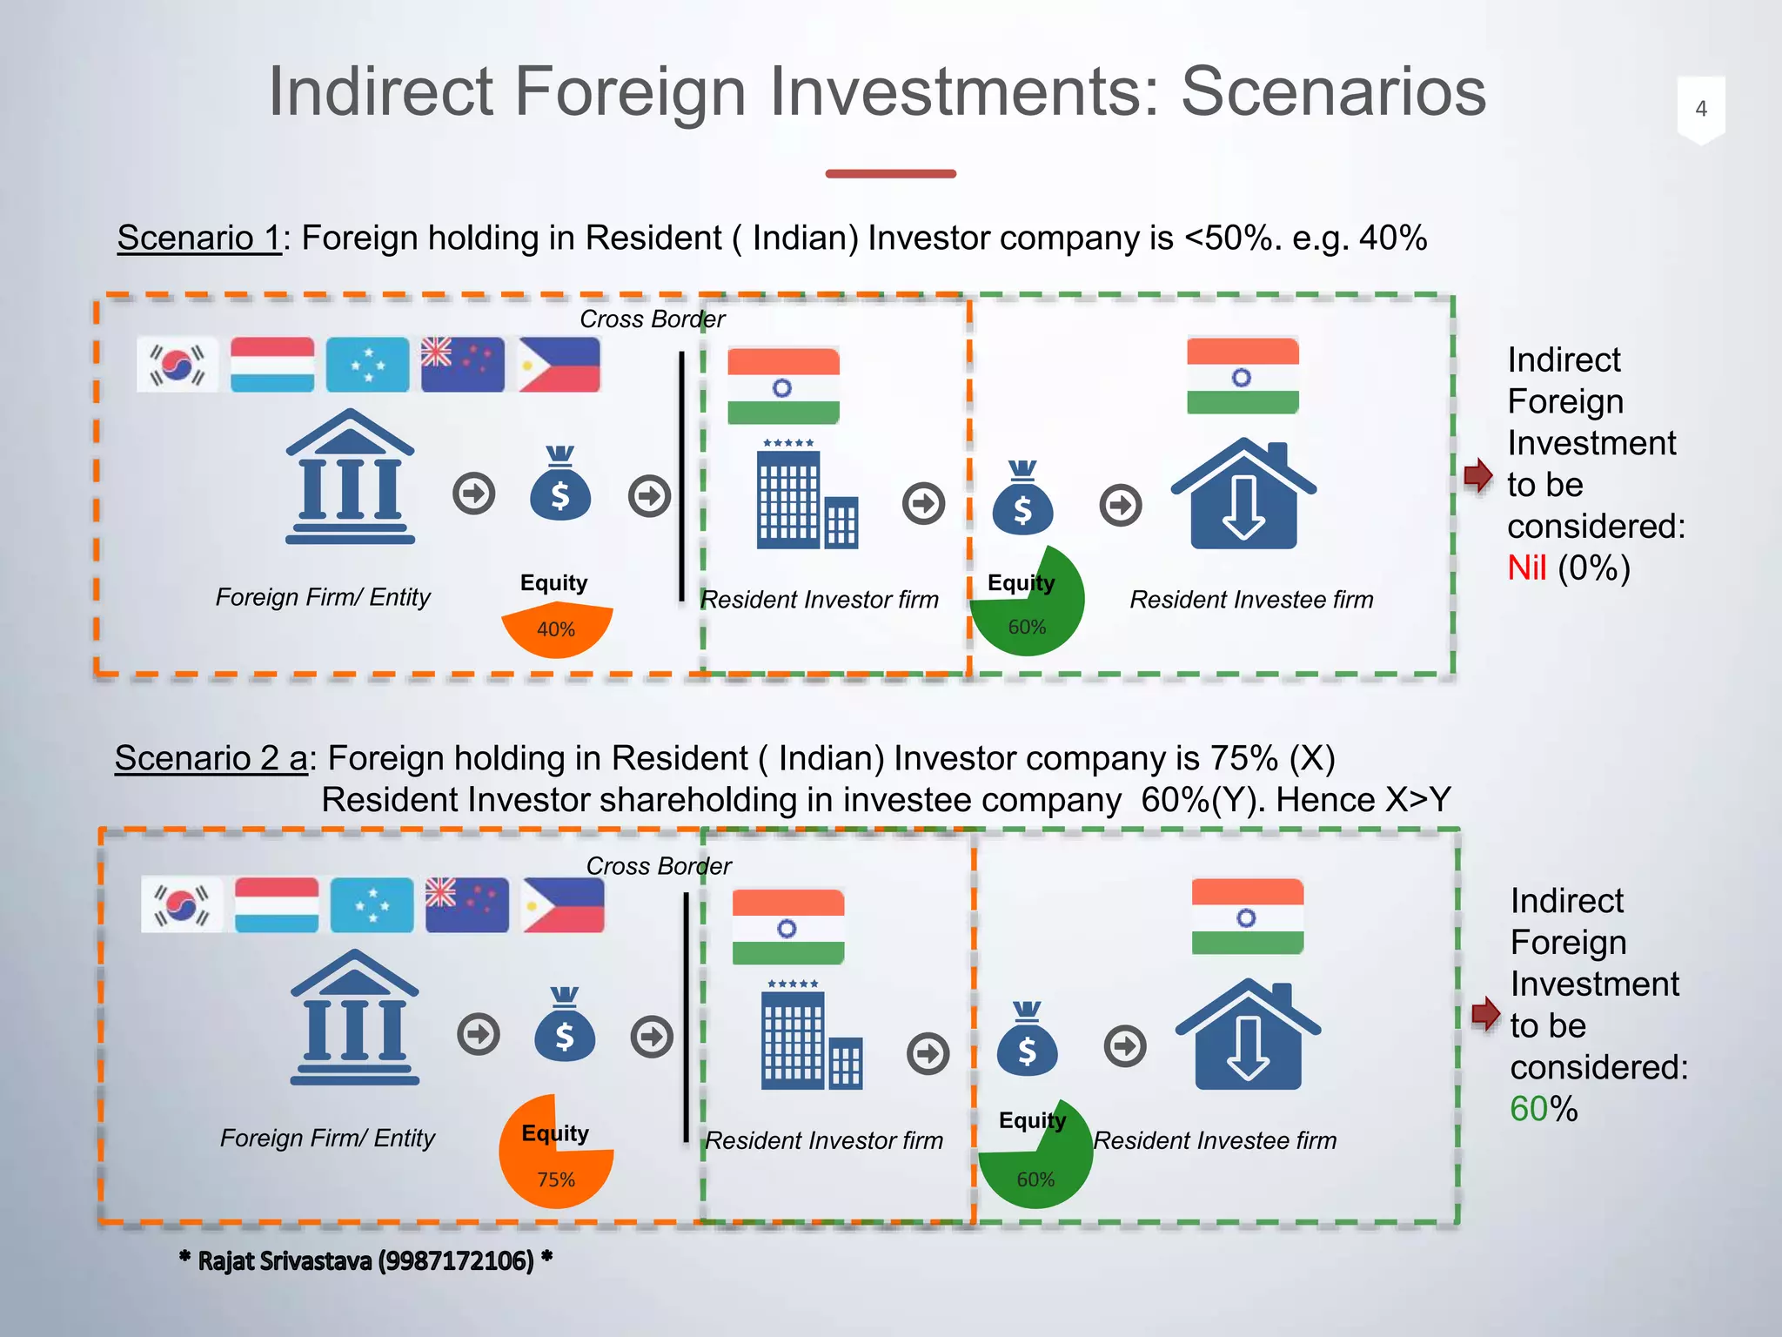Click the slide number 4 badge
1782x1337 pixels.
click(1700, 110)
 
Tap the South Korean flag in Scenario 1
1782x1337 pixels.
click(178, 365)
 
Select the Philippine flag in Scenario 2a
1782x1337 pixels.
click(563, 905)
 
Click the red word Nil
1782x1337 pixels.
click(1526, 568)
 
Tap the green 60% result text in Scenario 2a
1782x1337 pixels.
click(1530, 1109)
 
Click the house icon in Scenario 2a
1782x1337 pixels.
click(1248, 1035)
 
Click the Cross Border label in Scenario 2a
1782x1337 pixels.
click(659, 866)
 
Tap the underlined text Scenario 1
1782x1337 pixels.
click(199, 239)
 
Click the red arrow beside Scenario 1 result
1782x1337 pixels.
click(1477, 476)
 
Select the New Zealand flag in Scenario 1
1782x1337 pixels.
click(463, 365)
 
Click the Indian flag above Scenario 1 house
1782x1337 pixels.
click(1243, 376)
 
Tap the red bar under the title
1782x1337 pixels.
click(890, 174)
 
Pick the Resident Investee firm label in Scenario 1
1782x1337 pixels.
click(1251, 600)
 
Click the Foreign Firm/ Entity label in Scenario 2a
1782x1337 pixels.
click(327, 1138)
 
